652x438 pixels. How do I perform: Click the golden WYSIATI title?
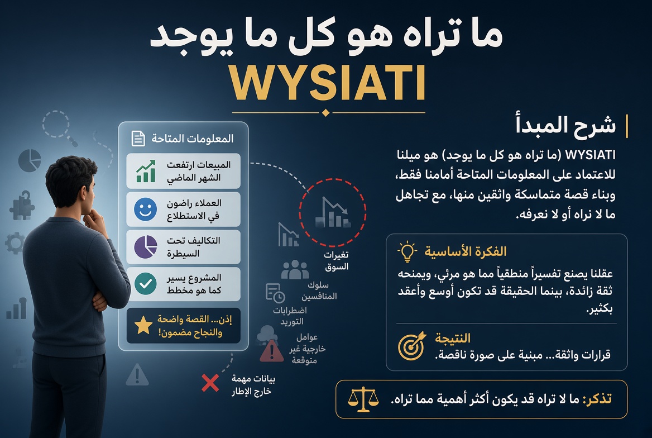pos(328,83)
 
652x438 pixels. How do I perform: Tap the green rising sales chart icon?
pos(146,171)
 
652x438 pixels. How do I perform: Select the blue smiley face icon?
pos(146,209)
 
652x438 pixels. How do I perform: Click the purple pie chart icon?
pos(146,246)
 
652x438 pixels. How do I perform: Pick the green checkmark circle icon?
pos(146,284)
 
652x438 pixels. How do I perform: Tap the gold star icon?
pos(143,325)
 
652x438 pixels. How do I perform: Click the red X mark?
pos(210,383)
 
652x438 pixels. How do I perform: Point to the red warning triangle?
pos(272,350)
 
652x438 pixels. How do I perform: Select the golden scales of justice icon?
pos(363,399)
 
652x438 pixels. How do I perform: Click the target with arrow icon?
pos(412,345)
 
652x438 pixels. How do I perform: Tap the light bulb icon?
pos(407,252)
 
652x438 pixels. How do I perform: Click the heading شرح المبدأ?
pos(565,125)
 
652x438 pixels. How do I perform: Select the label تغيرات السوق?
pos(337,261)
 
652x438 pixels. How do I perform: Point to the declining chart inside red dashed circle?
pos(333,213)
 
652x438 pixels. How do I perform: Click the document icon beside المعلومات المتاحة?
pos(138,138)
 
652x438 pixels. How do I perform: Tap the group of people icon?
pos(295,270)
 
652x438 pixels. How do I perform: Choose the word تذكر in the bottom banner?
pos(597,399)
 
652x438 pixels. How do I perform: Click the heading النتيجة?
pos(453,338)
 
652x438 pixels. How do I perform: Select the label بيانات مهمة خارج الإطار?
pos(253,385)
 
